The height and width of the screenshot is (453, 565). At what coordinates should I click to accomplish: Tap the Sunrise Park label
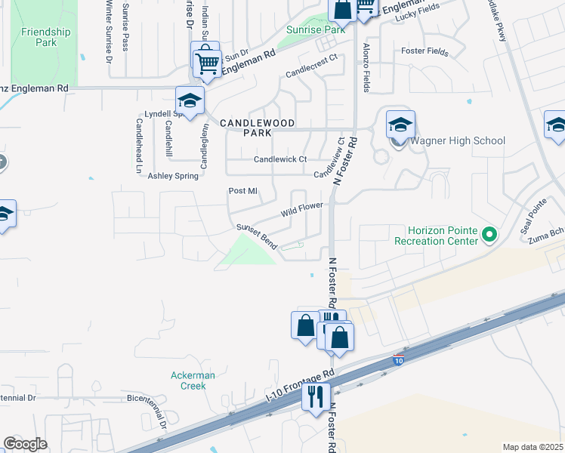coord(316,29)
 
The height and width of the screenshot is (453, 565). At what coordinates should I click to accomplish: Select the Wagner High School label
coord(457,140)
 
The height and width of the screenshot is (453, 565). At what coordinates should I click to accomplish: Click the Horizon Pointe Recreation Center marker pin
coord(489,235)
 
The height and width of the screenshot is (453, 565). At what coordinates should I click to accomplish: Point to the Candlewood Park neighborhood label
coord(258,127)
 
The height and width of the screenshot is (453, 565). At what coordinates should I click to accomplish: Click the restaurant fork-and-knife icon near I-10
coord(315,395)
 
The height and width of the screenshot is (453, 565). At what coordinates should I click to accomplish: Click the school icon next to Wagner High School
coord(400,125)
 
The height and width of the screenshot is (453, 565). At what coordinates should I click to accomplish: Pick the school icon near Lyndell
coord(190,100)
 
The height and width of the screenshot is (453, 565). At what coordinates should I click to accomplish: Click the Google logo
coord(25,444)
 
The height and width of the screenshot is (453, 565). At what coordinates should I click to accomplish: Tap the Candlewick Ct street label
coord(280,159)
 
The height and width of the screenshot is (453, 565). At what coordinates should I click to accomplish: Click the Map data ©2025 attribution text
coord(533,447)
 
